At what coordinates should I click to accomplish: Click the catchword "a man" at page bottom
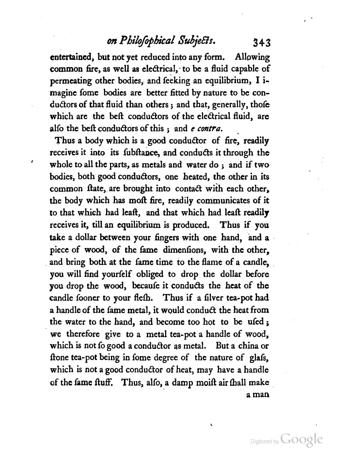[x=258, y=394]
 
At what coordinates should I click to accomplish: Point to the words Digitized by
[x=264, y=442]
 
